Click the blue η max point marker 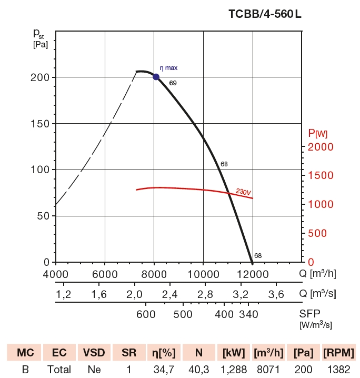point(156,77)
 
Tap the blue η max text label point(169,68)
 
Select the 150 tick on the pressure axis point(39,124)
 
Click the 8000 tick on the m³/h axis point(154,274)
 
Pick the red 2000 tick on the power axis point(320,147)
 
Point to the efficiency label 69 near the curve point(173,83)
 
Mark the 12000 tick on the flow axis point(252,274)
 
